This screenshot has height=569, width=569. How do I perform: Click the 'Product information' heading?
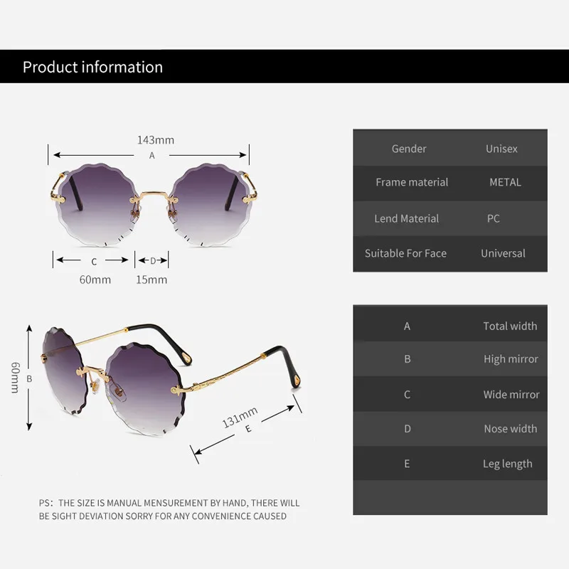pyautogui.click(x=92, y=68)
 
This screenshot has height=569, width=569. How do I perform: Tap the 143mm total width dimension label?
pyautogui.click(x=156, y=140)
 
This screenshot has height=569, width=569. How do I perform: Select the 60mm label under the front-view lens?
pyautogui.click(x=95, y=280)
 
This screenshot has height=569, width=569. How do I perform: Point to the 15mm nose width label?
pyautogui.click(x=151, y=280)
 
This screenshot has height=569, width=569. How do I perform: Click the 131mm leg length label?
pyautogui.click(x=240, y=417)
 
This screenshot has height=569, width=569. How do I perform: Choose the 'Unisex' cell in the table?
pyautogui.click(x=501, y=149)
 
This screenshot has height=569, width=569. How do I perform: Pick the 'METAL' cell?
pyautogui.click(x=505, y=182)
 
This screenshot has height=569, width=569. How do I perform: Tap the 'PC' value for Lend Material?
pyautogui.click(x=494, y=218)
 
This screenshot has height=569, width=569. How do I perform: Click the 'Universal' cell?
pyautogui.click(x=503, y=253)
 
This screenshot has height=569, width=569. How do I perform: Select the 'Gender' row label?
pyautogui.click(x=409, y=149)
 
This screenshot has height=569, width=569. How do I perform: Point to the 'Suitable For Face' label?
pyautogui.click(x=405, y=253)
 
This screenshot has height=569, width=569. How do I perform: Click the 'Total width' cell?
pyautogui.click(x=510, y=326)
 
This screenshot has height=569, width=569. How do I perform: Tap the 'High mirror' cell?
pyautogui.click(x=511, y=359)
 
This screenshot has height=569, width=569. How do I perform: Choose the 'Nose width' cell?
pyautogui.click(x=510, y=429)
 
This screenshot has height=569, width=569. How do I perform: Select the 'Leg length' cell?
pyautogui.click(x=507, y=464)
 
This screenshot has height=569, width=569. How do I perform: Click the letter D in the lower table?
pyautogui.click(x=408, y=429)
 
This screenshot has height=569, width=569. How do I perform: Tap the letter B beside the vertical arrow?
pyautogui.click(x=29, y=379)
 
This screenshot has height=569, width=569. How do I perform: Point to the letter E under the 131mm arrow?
pyautogui.click(x=248, y=429)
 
